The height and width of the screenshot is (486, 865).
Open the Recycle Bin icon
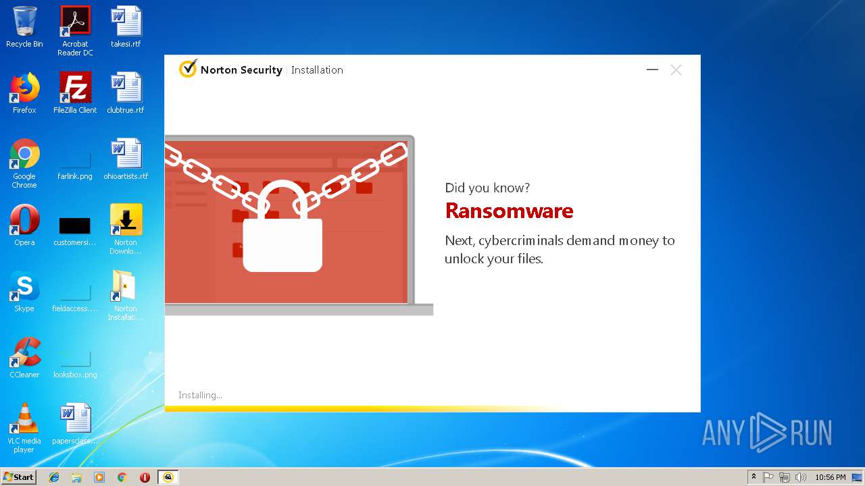[25, 21]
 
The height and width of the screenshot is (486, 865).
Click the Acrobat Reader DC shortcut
[75, 21]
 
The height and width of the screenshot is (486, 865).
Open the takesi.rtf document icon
[126, 21]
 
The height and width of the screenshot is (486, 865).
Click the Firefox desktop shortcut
[25, 87]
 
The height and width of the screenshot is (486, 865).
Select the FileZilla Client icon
[75, 87]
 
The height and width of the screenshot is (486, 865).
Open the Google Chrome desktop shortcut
[25, 153]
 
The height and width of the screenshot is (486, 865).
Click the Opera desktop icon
[25, 219]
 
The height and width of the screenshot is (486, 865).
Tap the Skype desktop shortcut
[25, 286]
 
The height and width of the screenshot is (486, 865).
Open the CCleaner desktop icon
[25, 352]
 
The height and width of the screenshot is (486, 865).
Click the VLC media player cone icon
[25, 418]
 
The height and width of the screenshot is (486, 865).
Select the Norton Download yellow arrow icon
[126, 219]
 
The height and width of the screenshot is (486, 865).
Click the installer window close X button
[676, 70]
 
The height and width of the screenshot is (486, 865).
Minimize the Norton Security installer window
[652, 70]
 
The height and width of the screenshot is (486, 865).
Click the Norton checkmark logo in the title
[188, 69]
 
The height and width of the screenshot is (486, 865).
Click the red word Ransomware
[509, 211]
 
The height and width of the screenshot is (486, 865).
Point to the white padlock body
[282, 245]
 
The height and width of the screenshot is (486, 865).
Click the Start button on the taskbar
[19, 477]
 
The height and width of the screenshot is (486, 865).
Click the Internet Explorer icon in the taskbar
[54, 477]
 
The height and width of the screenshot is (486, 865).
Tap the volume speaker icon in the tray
[800, 477]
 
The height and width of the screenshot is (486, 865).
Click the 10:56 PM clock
[831, 477]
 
